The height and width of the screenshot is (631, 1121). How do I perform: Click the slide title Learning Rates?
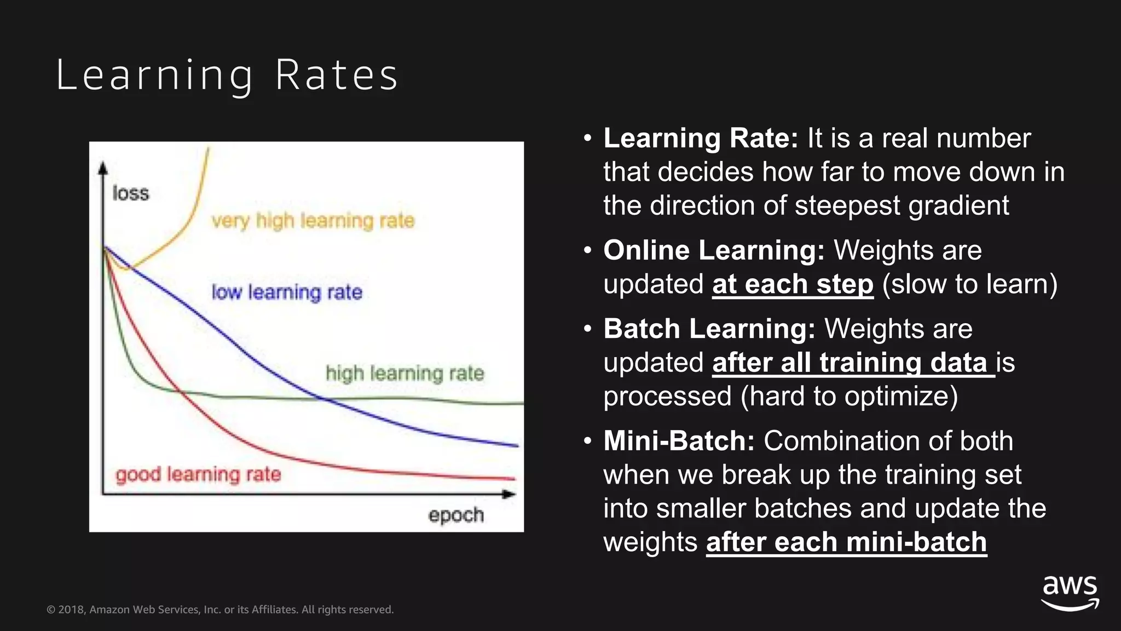coord(227,75)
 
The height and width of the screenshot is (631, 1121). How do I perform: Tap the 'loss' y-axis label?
coord(130,193)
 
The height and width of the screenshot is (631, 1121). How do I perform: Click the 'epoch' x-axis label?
coord(456,515)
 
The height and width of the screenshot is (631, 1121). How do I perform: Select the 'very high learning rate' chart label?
coord(313,221)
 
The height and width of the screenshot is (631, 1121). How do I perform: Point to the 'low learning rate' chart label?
coord(287,292)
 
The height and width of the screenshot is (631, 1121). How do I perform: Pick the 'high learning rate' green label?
coord(405,374)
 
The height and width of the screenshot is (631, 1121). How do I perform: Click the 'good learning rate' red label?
coord(198,474)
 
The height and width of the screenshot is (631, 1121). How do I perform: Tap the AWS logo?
coord(1070,592)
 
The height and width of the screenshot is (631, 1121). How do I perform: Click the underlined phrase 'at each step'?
coord(793,284)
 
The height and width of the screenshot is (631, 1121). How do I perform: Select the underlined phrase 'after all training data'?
coord(853,363)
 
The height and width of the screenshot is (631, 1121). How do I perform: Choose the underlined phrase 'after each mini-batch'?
coord(846,542)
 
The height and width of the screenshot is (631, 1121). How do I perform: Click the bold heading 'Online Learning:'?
coord(714,250)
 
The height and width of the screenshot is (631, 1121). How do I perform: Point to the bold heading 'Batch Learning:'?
coord(709,329)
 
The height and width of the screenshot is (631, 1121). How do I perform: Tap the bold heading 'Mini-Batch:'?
coord(679,441)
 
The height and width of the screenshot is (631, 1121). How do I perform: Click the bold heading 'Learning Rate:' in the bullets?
coord(701,138)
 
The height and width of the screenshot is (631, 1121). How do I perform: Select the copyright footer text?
coord(220,610)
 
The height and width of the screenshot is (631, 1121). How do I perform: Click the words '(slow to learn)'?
coord(970,284)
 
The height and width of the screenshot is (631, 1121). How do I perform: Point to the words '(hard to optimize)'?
coord(849,397)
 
